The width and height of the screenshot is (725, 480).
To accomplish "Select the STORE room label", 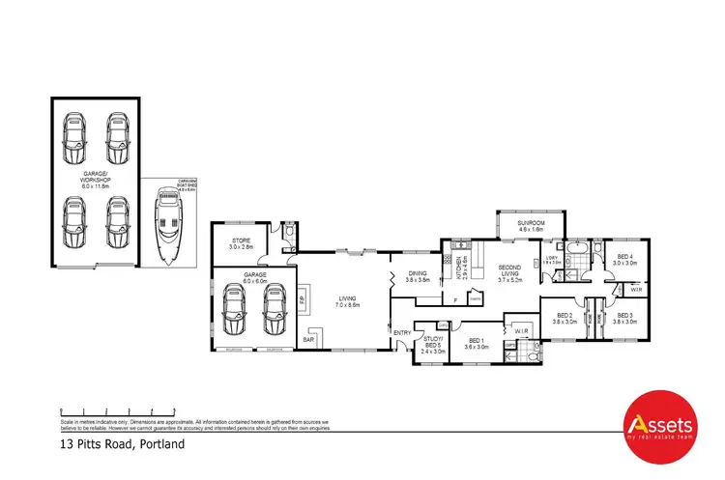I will (241, 243).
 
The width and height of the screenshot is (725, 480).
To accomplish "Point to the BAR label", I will (309, 339).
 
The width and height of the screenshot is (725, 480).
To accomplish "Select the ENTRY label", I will (402, 333).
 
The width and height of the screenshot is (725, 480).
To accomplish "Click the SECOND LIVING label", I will (509, 272).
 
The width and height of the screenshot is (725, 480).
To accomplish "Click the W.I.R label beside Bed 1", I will (521, 331).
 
